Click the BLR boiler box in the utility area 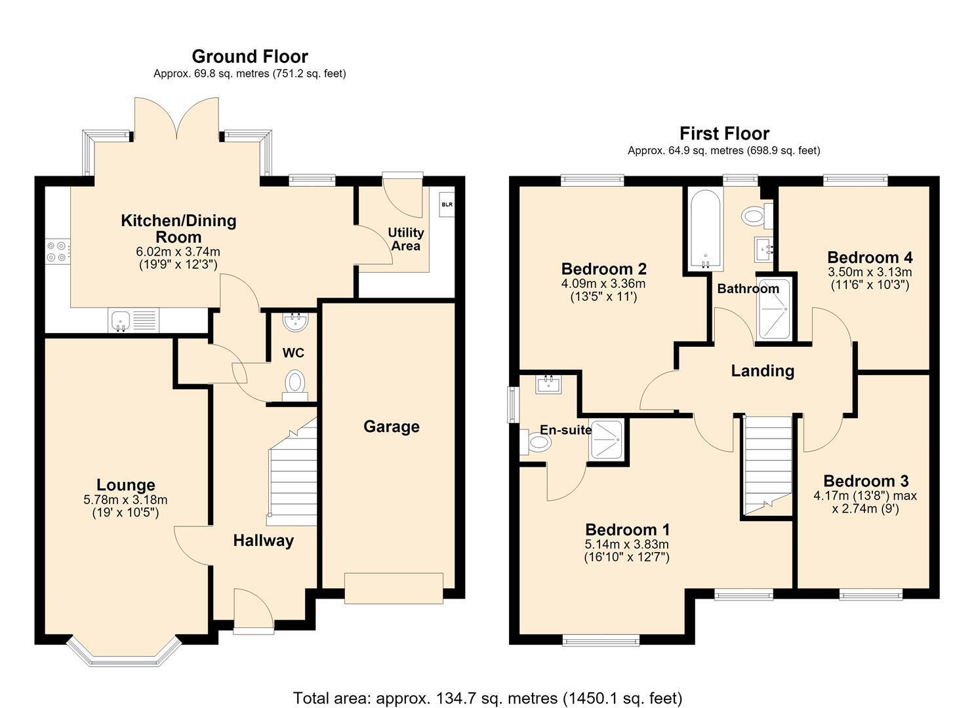click(447, 205)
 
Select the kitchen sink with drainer click(134, 321)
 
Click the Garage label click(392, 426)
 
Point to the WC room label click(293, 353)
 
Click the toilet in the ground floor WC click(294, 385)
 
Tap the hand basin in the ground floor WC click(296, 321)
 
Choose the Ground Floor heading click(250, 56)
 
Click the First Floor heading click(724, 134)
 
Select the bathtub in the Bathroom click(705, 229)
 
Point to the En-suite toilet click(535, 442)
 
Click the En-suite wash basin click(548, 383)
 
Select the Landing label click(762, 371)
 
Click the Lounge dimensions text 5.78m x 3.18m click(126, 500)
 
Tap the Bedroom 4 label click(870, 257)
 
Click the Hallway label click(264, 540)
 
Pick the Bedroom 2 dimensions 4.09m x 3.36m click(603, 284)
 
